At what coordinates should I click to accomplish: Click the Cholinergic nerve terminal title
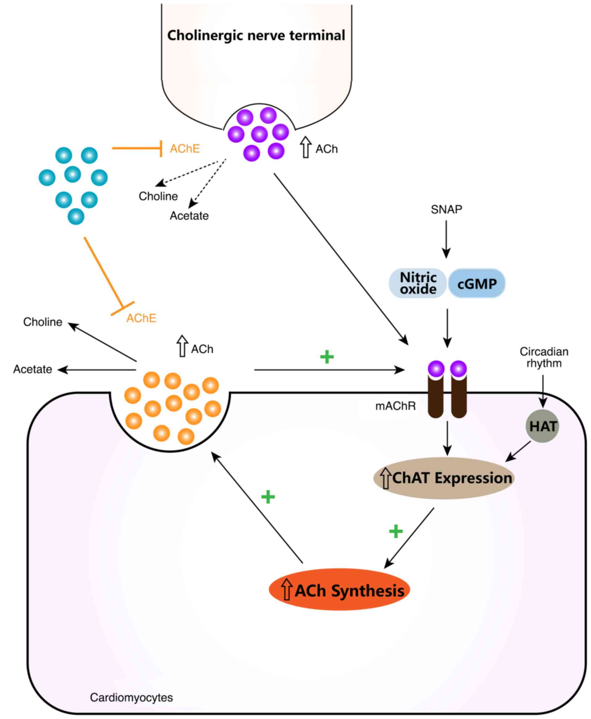coord(256,36)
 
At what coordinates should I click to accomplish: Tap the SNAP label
coord(446,209)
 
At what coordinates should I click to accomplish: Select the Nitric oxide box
coord(418,283)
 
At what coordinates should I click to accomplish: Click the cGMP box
coord(477,284)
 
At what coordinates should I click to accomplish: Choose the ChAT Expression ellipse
coord(444,478)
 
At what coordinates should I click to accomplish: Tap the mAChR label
coord(395,406)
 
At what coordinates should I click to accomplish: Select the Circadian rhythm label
coord(544,357)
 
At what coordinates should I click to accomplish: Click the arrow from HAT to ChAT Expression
coord(518,452)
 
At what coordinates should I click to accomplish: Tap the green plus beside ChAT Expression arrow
coord(395,531)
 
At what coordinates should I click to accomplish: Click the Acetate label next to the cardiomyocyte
coord(33,369)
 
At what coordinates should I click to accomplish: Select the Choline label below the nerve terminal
coord(158,196)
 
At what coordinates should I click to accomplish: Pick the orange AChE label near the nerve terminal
coord(185,149)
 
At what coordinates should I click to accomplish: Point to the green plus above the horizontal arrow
coord(327,357)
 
